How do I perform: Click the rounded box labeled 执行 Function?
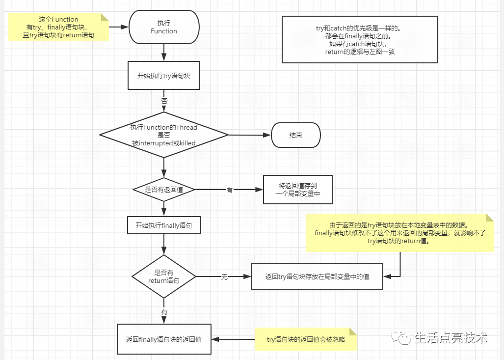(164, 27)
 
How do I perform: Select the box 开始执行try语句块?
(164, 75)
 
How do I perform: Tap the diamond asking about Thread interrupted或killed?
(164, 135)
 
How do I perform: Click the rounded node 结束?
(296, 135)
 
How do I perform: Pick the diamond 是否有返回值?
(164, 190)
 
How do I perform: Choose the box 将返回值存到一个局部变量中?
(298, 190)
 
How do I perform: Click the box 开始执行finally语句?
(164, 225)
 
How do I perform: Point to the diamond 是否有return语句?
(164, 277)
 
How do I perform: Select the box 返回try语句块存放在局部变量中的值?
(317, 277)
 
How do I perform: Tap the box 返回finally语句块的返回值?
(164, 339)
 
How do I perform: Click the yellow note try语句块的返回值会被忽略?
(306, 339)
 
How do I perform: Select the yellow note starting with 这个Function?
(58, 27)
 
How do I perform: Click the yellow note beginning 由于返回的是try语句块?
(400, 233)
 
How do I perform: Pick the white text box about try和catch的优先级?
(360, 40)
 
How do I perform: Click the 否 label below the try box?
(164, 101)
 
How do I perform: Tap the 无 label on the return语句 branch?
(224, 277)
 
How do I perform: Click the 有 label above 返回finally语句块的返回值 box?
(164, 312)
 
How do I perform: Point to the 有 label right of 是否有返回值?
(230, 190)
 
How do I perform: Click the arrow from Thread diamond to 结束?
(250, 135)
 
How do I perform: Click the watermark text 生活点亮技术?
(451, 338)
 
